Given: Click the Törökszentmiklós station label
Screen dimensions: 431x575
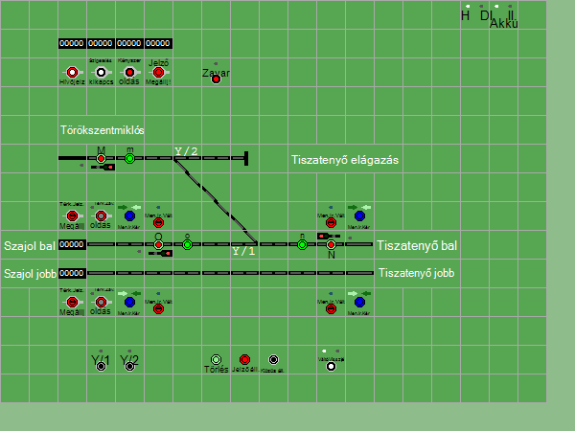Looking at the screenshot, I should [102, 130].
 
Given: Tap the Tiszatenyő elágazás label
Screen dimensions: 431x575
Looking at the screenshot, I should [344, 160].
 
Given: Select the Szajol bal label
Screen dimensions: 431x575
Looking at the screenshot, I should [29, 246].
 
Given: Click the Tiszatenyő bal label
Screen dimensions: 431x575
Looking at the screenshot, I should [416, 246].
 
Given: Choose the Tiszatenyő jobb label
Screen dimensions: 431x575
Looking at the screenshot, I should [417, 274].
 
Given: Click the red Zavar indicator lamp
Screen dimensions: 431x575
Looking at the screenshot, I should [216, 79].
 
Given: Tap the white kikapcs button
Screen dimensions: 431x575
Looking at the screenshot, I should [101, 72].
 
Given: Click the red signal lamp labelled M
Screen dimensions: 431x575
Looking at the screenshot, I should [101, 159].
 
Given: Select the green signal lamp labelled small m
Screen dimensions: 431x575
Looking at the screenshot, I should [129, 159].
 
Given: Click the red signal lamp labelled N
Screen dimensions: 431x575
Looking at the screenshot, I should [331, 245].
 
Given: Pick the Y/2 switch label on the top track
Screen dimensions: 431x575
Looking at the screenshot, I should [186, 151].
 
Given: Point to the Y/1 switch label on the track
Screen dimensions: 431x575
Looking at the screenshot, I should [244, 251].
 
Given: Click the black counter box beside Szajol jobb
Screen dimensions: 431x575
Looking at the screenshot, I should [72, 273].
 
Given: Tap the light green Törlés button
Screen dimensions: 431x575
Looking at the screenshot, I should [216, 359].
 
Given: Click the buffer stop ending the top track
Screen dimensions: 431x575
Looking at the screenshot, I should [245, 158].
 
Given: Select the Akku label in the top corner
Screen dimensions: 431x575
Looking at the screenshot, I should [503, 24].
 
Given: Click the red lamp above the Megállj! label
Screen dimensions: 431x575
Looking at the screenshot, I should [158, 72].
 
